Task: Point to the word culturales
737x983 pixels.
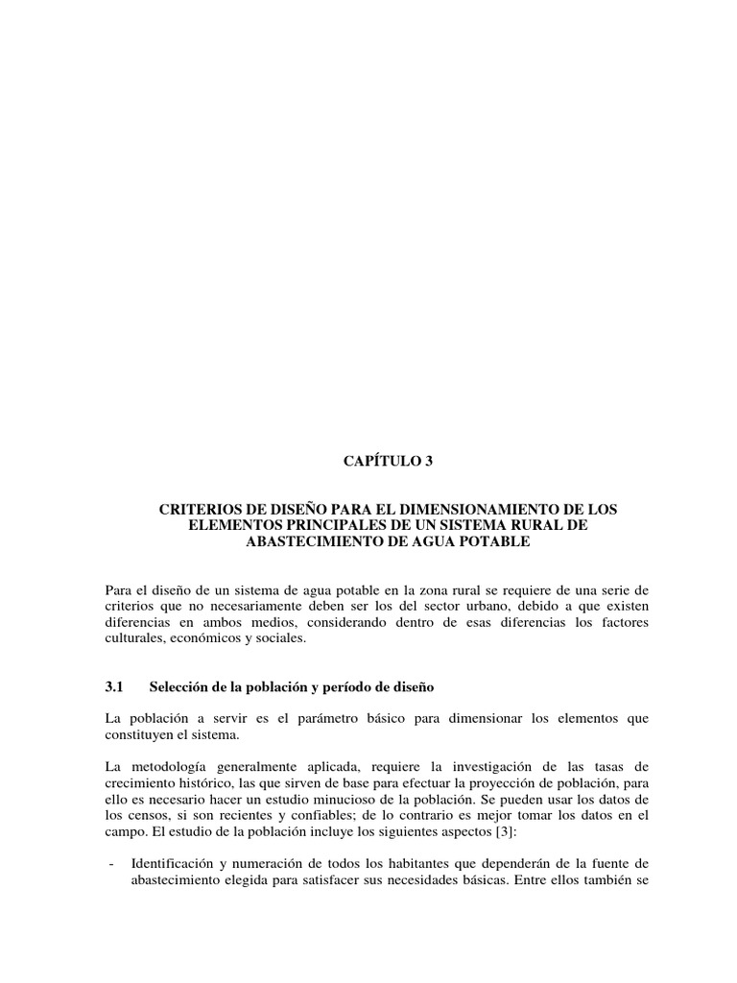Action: click(132, 638)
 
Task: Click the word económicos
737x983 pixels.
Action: click(202, 638)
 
